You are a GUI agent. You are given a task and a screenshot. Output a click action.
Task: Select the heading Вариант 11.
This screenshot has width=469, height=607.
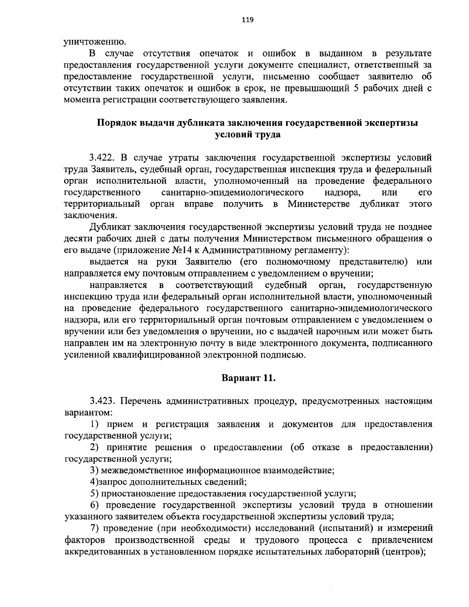249,378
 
